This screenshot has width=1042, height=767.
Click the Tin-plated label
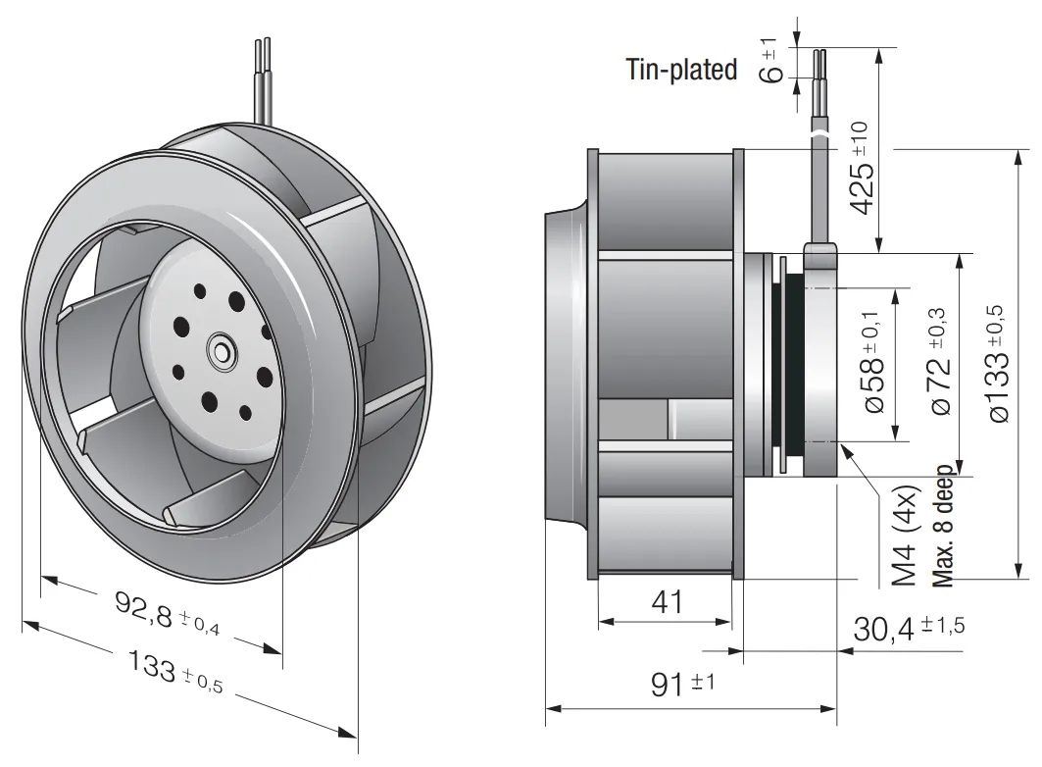coord(682,69)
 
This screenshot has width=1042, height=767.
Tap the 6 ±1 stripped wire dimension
coord(770,61)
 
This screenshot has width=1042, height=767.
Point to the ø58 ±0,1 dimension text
coord(874,363)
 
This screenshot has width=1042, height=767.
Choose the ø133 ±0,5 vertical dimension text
coord(998,363)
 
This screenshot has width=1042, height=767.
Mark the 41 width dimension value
coord(667,601)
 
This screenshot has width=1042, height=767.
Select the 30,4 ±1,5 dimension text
coord(909,628)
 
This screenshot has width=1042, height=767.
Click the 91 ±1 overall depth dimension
coord(682,684)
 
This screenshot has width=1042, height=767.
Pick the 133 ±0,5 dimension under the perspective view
coord(174,671)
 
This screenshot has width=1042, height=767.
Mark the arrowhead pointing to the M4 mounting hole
coord(847,451)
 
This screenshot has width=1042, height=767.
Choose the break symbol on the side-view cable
coord(820,135)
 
